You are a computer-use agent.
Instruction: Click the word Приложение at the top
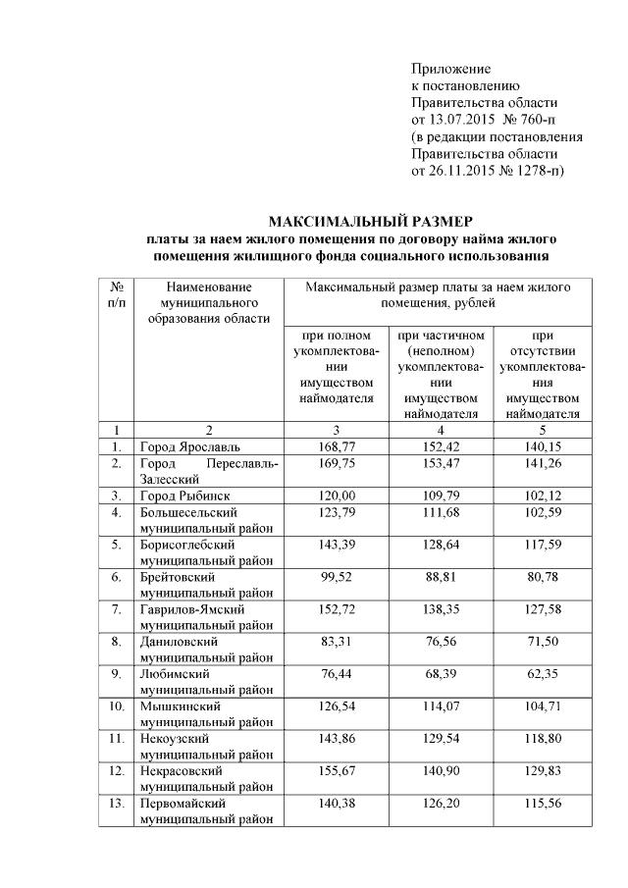point(450,70)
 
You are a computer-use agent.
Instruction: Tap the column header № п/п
point(116,294)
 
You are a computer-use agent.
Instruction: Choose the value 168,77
point(337,446)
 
